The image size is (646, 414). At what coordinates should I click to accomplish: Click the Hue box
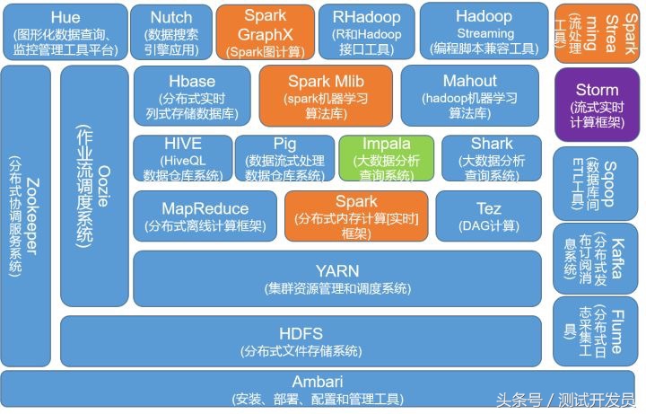(x=64, y=31)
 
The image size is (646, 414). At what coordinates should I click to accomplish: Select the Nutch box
(x=171, y=31)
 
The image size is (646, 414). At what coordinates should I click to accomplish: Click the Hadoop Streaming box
(x=484, y=31)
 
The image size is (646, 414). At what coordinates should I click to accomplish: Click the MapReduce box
(x=205, y=216)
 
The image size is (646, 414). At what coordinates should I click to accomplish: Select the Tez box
(x=488, y=216)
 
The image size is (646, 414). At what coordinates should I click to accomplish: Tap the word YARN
(x=336, y=270)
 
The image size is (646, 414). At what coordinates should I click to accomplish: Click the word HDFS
(x=301, y=331)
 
